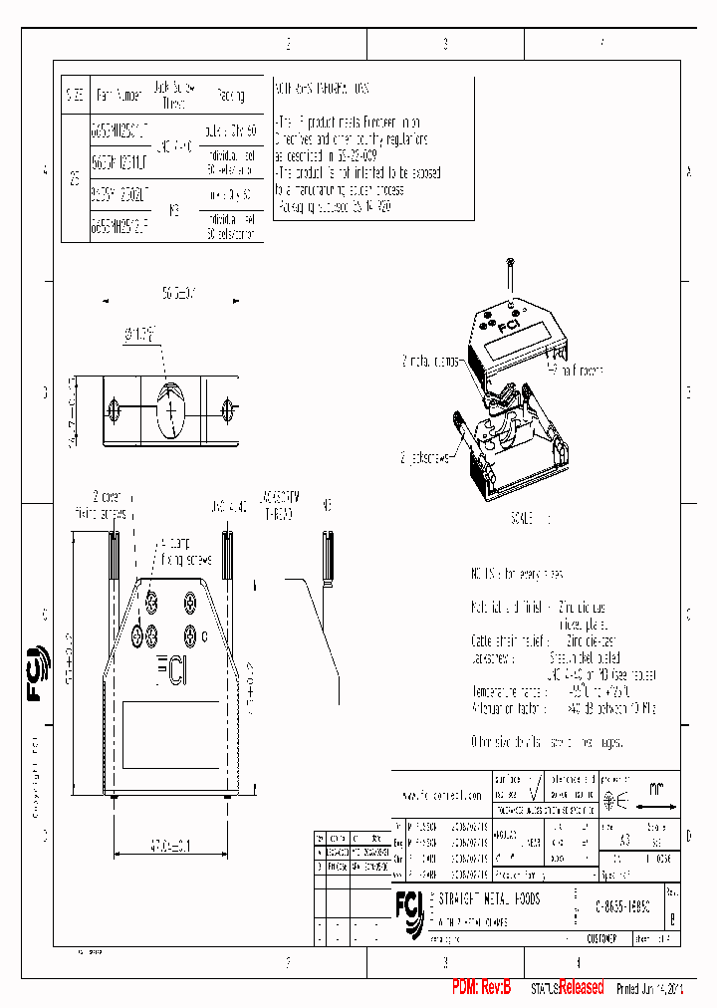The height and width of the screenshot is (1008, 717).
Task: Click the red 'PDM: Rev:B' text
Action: pos(481,988)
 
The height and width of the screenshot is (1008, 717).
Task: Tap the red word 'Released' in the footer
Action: pos(581,988)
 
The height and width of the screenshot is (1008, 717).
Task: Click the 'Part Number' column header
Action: pos(119,96)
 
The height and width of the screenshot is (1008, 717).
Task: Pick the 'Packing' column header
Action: pos(230,96)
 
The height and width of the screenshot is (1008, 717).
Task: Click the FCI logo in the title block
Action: pos(408,904)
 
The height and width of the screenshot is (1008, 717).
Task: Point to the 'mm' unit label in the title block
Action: pos(655,788)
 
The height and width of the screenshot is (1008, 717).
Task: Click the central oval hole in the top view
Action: pos(172,407)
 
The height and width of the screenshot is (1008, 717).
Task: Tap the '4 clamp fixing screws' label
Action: pos(186,551)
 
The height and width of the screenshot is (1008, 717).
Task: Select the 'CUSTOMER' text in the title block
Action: pos(600,938)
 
